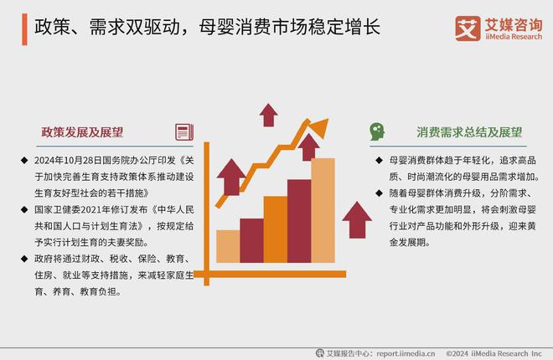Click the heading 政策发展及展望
pos(82,132)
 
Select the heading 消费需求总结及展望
pos(469,132)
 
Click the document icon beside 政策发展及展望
pos(183,132)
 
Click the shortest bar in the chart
pos(227,245)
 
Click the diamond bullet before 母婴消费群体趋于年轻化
pos(380,159)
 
